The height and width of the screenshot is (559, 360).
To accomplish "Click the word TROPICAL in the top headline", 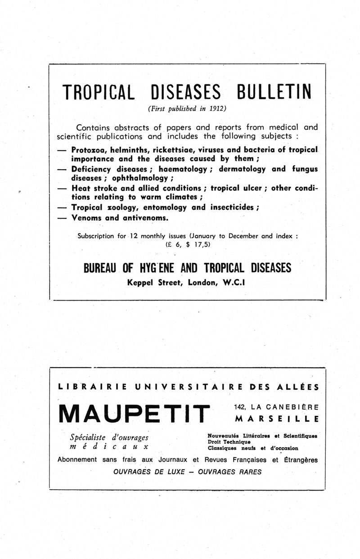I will [x=99, y=92].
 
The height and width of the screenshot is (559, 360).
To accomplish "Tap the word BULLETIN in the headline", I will [x=273, y=92].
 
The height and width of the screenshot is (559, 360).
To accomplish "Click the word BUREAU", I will [x=101, y=268].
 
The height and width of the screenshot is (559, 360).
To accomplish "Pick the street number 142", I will [x=240, y=407].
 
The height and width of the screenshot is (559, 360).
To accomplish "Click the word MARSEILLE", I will [x=277, y=418].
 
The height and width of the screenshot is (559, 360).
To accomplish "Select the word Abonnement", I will [x=77, y=460].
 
